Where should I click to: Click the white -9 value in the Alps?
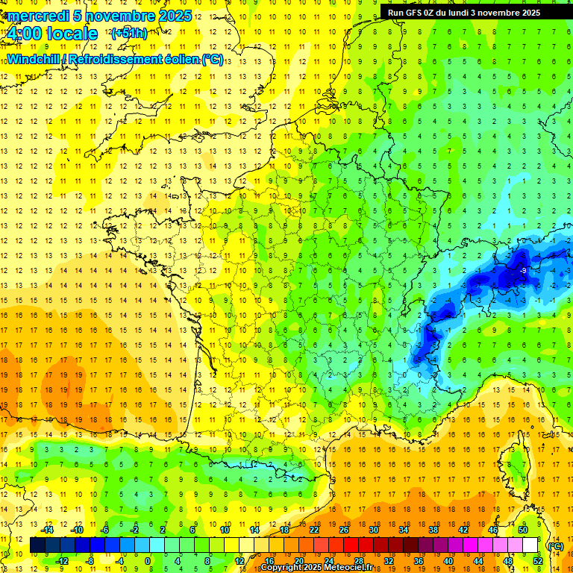coord(524,270)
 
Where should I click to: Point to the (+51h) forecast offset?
coord(128,34)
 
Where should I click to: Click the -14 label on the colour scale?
coord(48,530)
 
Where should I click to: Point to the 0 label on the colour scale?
coord(148,561)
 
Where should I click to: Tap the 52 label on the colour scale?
coord(537,561)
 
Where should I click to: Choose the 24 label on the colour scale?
coord(328,561)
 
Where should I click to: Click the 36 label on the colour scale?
coord(418,561)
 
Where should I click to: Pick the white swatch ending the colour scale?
coord(530,545)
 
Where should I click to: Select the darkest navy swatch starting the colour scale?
coord(37,545)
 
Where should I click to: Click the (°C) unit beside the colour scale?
coord(555,546)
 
